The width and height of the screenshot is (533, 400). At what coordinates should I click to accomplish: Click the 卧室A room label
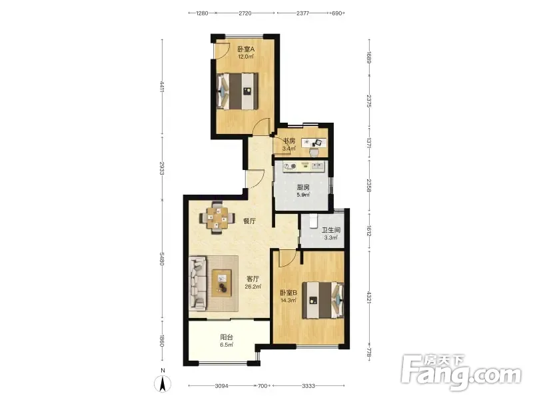[246, 49]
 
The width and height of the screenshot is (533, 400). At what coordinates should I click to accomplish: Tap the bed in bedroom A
[237, 91]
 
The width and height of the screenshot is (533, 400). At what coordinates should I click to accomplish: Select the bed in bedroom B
[323, 300]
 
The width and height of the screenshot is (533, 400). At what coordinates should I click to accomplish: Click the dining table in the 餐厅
[217, 218]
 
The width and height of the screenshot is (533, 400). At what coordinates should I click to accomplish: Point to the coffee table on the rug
[222, 283]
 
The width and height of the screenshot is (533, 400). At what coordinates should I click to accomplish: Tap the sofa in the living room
[198, 283]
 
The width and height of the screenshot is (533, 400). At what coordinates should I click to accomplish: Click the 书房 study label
[289, 141]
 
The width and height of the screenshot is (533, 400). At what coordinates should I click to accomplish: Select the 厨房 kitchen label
[303, 187]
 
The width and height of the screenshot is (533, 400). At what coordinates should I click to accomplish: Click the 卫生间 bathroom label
[330, 230]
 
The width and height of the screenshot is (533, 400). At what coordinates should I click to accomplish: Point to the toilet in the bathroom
[313, 221]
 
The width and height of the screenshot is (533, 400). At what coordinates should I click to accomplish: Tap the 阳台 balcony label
[227, 337]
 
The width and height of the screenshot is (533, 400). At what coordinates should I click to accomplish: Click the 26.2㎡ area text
[253, 287]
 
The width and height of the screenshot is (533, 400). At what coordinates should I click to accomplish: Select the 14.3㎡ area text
[288, 301]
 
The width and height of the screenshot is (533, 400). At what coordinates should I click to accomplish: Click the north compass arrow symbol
[163, 384]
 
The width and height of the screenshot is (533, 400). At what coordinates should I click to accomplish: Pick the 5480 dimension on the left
[162, 260]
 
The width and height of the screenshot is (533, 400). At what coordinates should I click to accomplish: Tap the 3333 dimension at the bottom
[308, 386]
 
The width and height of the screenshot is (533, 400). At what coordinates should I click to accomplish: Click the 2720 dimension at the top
[245, 13]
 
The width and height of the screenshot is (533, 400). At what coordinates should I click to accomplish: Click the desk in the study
[314, 143]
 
